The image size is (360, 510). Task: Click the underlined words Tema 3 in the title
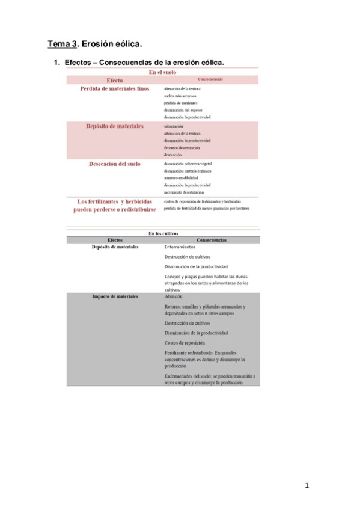pos(63,44)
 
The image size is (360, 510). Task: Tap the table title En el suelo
pos(163,72)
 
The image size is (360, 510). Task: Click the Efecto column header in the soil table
pos(114,80)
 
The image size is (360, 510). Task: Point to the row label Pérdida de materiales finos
pos(114,88)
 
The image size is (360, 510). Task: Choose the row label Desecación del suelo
pos(115,164)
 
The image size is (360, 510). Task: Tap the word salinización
pos(174,126)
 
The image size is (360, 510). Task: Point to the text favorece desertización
pos(182,147)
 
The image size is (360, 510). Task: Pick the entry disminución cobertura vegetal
pos(188,164)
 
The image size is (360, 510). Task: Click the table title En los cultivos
pos(163,233)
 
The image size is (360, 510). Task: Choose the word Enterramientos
pos(180,247)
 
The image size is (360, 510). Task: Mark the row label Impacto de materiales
pos(115,297)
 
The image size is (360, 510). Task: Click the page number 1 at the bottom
pos(307,485)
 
